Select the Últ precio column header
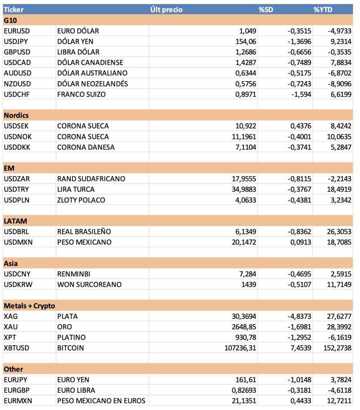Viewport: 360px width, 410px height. tap(166, 10)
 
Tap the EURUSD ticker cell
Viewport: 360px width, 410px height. tap(17, 31)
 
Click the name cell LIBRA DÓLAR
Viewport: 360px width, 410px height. tap(78, 52)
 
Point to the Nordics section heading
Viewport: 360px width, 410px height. tap(16, 115)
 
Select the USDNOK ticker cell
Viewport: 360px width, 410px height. tap(17, 137)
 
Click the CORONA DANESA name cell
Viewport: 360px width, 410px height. tap(86, 147)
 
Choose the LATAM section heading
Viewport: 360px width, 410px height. tap(15, 221)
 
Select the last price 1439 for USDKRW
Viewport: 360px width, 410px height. tap(248, 284)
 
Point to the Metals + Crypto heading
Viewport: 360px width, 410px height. tap(29, 306)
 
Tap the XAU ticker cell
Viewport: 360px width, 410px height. tap(10, 327)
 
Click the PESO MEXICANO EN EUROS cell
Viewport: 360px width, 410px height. tap(101, 400)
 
